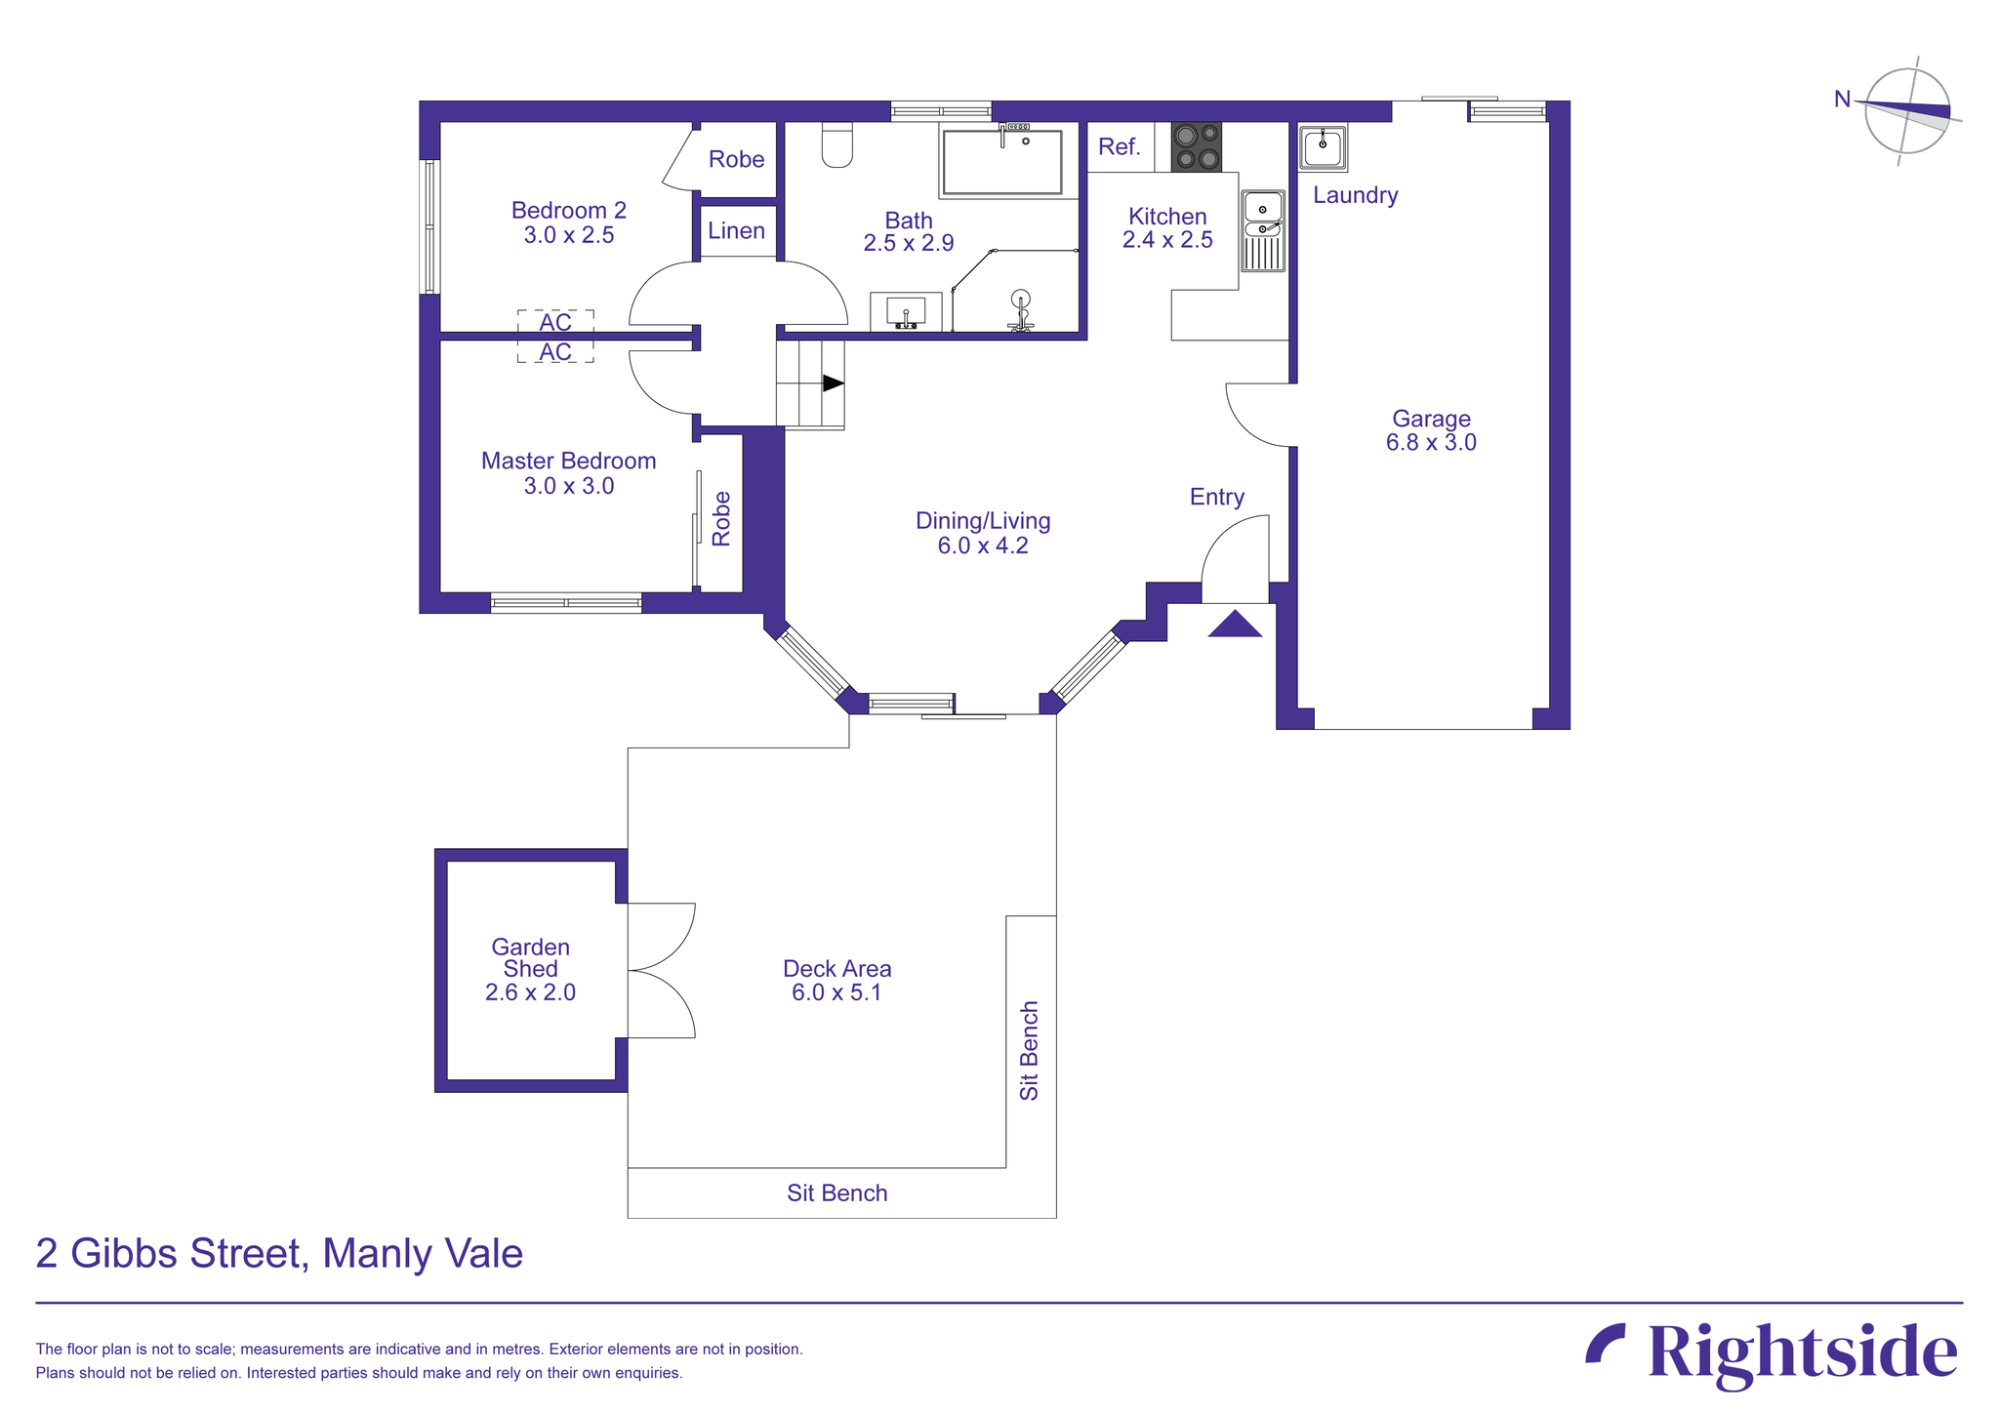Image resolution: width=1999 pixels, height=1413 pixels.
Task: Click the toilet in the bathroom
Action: point(837,146)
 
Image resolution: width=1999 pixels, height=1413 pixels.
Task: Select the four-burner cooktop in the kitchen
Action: point(1196,146)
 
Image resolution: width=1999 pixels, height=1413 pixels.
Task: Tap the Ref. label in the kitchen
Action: point(1119,147)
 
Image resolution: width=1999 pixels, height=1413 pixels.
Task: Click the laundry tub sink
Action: point(1323,147)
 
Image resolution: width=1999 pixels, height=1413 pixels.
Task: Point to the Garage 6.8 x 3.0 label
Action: point(1431,430)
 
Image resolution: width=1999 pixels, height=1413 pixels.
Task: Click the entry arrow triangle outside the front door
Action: point(1235,626)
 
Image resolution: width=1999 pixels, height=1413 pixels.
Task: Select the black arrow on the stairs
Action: point(832,384)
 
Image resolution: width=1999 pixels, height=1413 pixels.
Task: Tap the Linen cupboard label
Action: point(736,231)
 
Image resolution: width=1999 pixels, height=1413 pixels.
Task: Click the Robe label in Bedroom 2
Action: point(736,159)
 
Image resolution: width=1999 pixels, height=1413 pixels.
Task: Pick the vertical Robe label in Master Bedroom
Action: point(721,518)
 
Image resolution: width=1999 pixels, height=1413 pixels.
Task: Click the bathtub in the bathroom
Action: point(1001,163)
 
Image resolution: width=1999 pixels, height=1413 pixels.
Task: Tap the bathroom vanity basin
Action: point(906,312)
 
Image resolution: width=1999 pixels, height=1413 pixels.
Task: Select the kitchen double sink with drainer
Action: point(1263,231)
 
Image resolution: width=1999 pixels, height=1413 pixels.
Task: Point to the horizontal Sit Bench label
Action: point(836,1192)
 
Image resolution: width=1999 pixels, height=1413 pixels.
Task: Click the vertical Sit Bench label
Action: point(1029,1050)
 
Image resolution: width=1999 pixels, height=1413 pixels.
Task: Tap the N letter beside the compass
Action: point(1842,99)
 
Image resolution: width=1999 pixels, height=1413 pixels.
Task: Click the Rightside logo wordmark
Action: point(1801,1353)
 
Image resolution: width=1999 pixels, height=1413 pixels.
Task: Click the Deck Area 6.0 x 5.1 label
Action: point(836,981)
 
